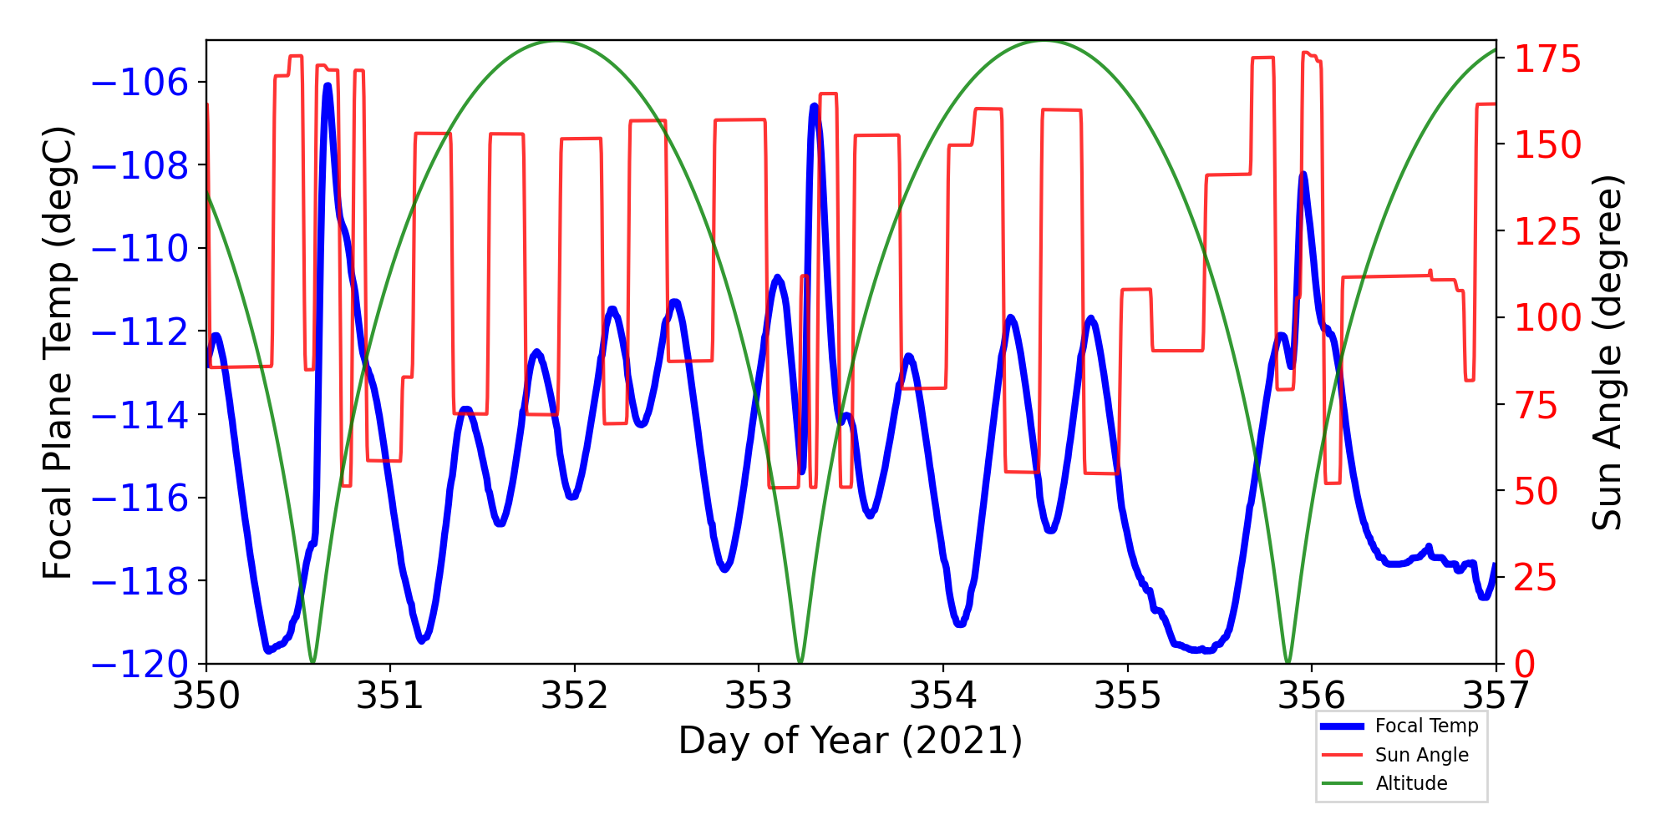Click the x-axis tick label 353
[759, 696]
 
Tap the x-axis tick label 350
[206, 696]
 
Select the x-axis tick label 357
[1496, 696]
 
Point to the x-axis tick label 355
[1127, 696]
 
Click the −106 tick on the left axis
[140, 83]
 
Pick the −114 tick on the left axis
[140, 415]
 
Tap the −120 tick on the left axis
[140, 665]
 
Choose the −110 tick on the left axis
[140, 249]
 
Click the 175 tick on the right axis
[1547, 60]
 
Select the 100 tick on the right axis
[1547, 318]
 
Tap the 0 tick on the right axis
[1525, 665]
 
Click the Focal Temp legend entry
[1426, 726]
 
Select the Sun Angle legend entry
[1421, 755]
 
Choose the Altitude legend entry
[1411, 783]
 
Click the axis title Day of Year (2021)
[850, 741]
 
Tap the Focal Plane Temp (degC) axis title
[58, 352]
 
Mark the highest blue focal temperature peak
[327, 85]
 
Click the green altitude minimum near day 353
[800, 662]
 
